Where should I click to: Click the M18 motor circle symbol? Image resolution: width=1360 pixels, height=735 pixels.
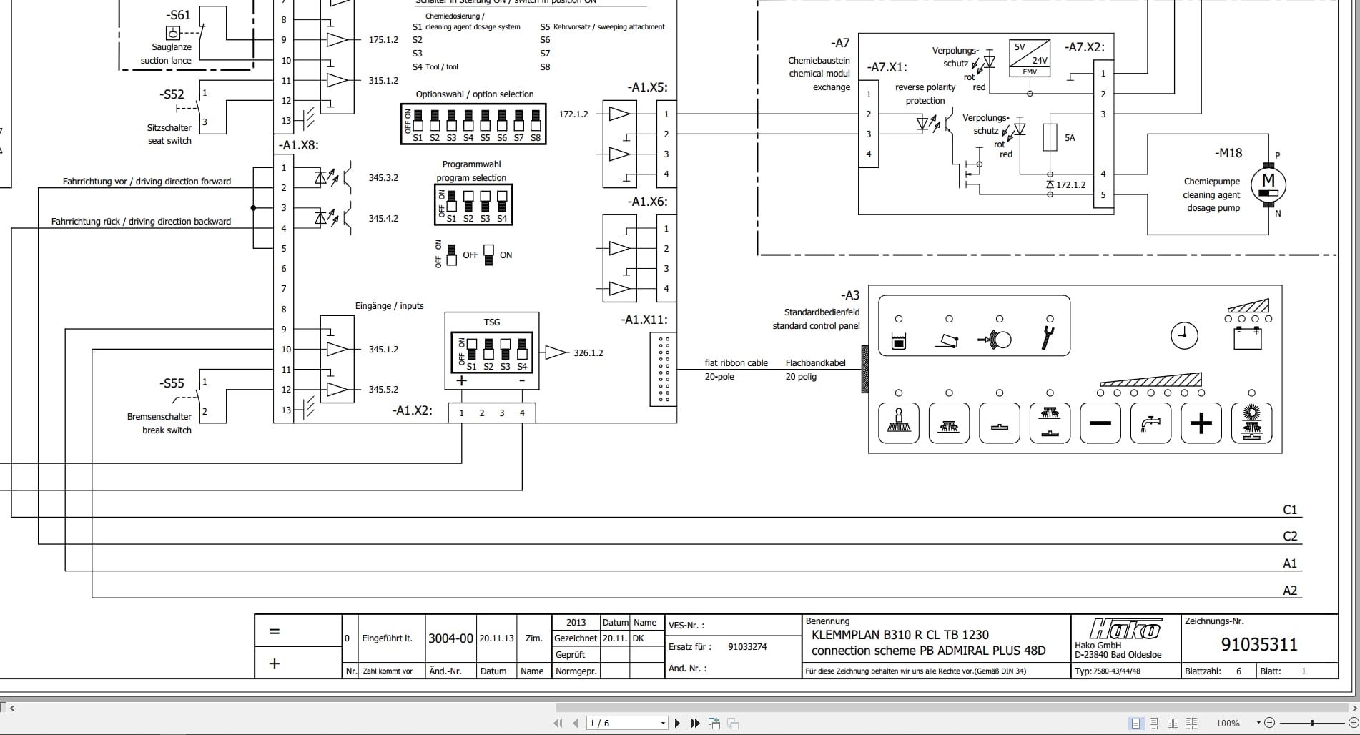click(1268, 184)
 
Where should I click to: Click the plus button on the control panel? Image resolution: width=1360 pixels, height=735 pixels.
click(1201, 423)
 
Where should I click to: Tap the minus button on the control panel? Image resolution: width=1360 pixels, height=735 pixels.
click(1100, 423)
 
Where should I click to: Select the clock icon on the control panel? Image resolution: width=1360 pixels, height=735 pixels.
click(1184, 335)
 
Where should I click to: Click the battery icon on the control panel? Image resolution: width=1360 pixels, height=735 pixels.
click(1248, 337)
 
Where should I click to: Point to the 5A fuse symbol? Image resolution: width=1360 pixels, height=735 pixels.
click(1050, 137)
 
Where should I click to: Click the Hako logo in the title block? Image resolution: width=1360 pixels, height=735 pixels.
click(1125, 629)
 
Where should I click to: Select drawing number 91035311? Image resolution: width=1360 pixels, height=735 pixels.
click(1258, 644)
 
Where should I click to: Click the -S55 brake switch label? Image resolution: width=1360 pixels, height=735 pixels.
click(172, 383)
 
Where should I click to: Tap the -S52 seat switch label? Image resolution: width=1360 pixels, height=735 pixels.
click(172, 94)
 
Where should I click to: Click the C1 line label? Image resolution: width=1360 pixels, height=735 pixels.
click(1289, 510)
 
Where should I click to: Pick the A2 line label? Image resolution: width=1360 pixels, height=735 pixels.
click(1289, 591)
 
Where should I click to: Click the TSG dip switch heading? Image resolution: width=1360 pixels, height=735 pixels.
click(491, 322)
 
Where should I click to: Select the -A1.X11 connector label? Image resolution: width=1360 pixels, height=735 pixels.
click(644, 320)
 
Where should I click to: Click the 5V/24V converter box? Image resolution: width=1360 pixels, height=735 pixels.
click(1029, 58)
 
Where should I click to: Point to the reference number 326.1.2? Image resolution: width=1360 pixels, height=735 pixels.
click(588, 352)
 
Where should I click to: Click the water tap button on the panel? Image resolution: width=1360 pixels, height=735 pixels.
click(1150, 423)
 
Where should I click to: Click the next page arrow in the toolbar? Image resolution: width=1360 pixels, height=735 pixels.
click(677, 724)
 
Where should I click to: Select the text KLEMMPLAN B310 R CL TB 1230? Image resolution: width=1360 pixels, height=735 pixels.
click(900, 634)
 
